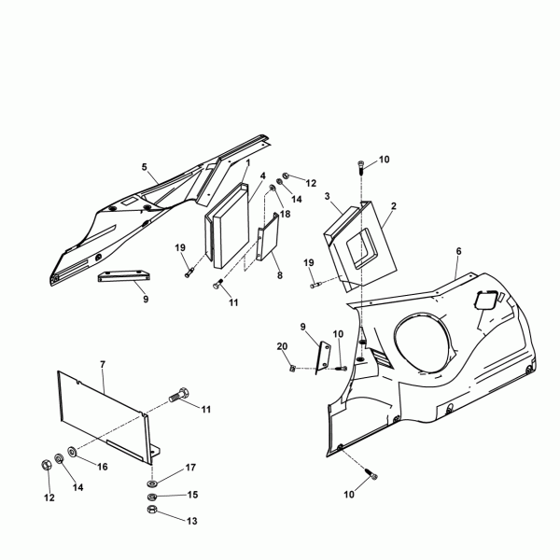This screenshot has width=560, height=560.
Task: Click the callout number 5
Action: pyautogui.click(x=145, y=167)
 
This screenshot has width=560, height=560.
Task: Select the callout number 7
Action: pyautogui.click(x=103, y=365)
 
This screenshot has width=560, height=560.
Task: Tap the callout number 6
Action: pyautogui.click(x=458, y=251)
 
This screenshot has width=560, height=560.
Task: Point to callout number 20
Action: pyautogui.click(x=282, y=346)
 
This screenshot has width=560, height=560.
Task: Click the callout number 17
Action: pyautogui.click(x=190, y=468)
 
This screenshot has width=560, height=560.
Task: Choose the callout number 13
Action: pyautogui.click(x=191, y=521)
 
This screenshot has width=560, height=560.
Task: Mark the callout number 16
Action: pyautogui.click(x=103, y=467)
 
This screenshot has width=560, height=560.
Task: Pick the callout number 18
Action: pyautogui.click(x=286, y=214)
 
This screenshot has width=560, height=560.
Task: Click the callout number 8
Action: pyautogui.click(x=280, y=275)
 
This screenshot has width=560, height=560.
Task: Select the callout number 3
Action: pyautogui.click(x=328, y=196)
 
